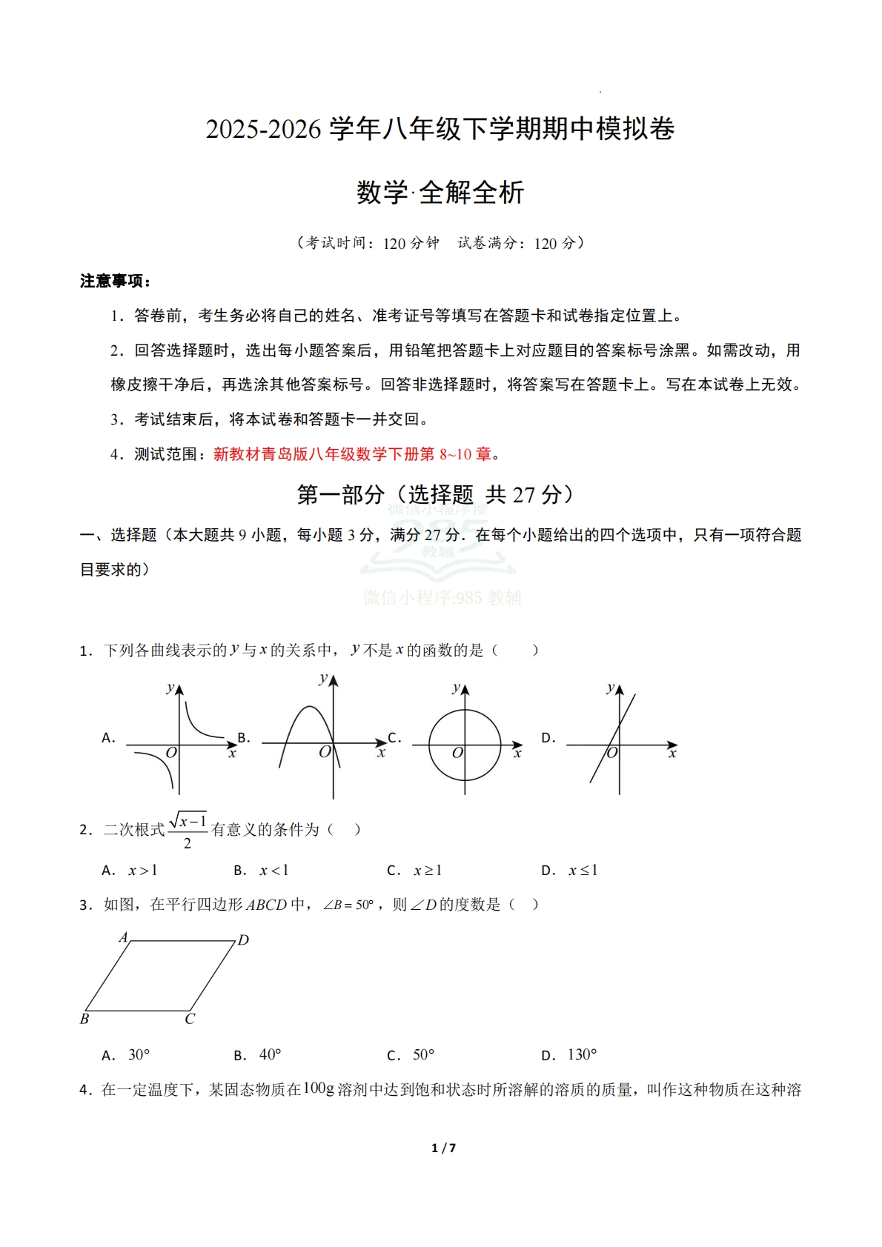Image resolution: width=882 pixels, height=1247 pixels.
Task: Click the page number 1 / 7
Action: tap(443, 1148)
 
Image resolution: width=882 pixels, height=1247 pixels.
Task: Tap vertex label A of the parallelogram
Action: tap(124, 937)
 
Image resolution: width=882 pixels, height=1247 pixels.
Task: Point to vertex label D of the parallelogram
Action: tap(243, 940)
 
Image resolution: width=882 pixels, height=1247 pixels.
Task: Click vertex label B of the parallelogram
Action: tap(84, 1020)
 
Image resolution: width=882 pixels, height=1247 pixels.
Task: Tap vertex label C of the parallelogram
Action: tap(190, 1020)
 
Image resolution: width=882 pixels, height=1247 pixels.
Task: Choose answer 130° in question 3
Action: tap(582, 1054)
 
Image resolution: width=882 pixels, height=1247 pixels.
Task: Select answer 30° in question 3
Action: tap(139, 1054)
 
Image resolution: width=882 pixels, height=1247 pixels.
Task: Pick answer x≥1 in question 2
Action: tap(428, 871)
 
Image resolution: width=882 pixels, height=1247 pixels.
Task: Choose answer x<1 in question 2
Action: tap(273, 871)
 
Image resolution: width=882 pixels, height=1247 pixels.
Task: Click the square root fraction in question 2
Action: tap(188, 831)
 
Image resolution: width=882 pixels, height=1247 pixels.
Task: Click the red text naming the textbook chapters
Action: tap(352, 454)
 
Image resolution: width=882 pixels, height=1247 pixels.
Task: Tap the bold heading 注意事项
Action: tap(115, 281)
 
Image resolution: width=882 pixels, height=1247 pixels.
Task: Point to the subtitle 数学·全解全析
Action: tap(440, 193)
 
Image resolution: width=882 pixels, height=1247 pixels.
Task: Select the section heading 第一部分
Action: tap(340, 495)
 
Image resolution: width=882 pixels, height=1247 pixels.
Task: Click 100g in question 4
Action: tap(319, 1088)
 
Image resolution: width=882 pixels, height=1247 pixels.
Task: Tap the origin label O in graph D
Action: tap(612, 754)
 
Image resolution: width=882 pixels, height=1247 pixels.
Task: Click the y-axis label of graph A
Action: tap(170, 688)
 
